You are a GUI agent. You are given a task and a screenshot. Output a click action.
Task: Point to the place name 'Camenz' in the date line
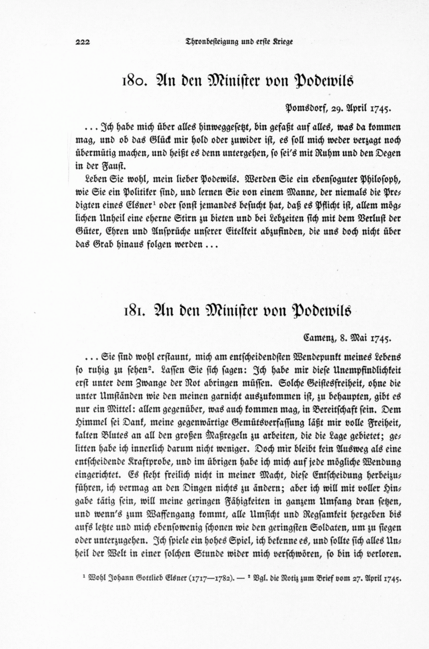(x=320, y=338)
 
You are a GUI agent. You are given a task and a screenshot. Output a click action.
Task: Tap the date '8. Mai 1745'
(x=367, y=338)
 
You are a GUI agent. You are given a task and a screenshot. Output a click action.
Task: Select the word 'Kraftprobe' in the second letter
(x=141, y=462)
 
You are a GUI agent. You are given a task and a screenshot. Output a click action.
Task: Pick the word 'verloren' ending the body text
(x=384, y=555)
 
